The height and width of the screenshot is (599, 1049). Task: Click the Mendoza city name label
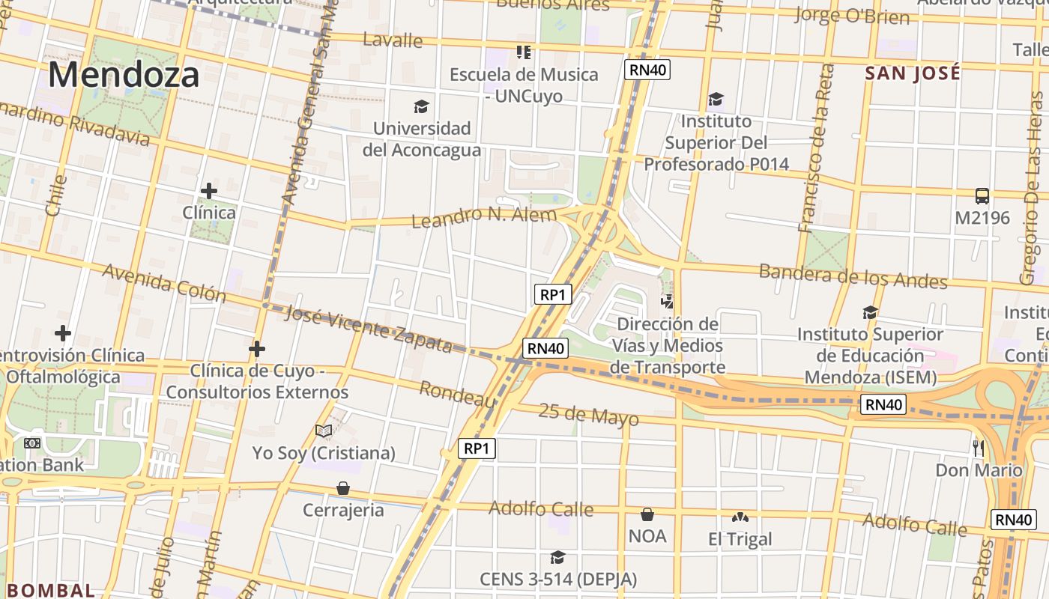pyautogui.click(x=124, y=75)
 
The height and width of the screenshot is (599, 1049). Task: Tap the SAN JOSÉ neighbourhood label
pyautogui.click(x=912, y=73)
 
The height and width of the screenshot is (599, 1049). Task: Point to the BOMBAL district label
pyautogui.click(x=51, y=590)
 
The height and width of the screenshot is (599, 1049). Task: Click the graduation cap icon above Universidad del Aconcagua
pyautogui.click(x=421, y=107)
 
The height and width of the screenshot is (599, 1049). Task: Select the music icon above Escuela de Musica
pyautogui.click(x=523, y=52)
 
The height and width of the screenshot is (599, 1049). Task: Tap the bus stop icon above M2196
pyautogui.click(x=982, y=196)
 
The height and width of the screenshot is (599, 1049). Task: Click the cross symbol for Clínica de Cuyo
pyautogui.click(x=257, y=349)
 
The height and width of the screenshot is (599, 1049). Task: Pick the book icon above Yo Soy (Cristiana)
pyautogui.click(x=323, y=431)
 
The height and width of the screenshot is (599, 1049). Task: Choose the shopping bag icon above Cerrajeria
pyautogui.click(x=343, y=488)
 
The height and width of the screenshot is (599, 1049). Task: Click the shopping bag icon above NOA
pyautogui.click(x=647, y=514)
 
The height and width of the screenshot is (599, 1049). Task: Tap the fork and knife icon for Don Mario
pyautogui.click(x=978, y=448)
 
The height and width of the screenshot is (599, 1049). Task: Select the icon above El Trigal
pyautogui.click(x=740, y=517)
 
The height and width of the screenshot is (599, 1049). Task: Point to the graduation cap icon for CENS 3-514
pyautogui.click(x=557, y=558)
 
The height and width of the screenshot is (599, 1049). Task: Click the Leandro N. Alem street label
pyautogui.click(x=484, y=217)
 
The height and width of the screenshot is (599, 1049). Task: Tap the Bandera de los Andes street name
pyautogui.click(x=853, y=276)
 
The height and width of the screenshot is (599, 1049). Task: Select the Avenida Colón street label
pyautogui.click(x=164, y=282)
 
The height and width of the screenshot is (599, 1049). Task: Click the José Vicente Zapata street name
pyautogui.click(x=369, y=329)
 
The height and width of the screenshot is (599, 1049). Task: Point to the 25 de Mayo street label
pyautogui.click(x=588, y=413)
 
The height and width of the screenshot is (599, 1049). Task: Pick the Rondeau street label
pyautogui.click(x=457, y=395)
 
